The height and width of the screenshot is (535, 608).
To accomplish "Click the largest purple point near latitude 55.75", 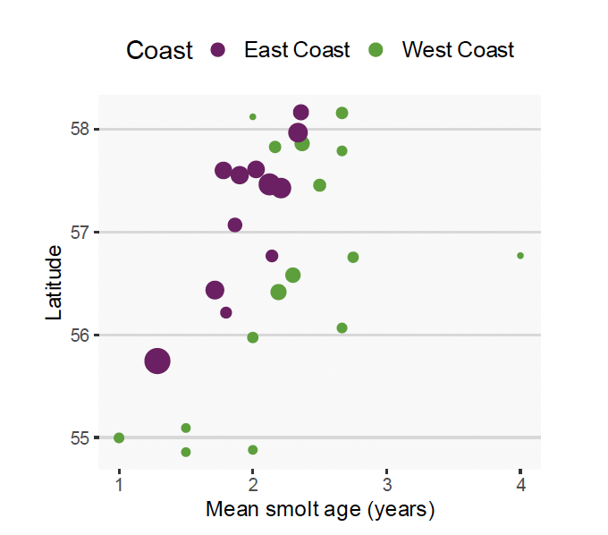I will (157, 361).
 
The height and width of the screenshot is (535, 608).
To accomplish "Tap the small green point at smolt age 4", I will (520, 256).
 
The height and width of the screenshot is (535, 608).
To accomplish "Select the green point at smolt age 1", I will (119, 437).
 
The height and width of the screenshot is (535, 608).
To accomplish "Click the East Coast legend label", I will (297, 50).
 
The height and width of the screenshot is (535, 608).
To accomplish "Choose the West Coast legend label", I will (458, 50).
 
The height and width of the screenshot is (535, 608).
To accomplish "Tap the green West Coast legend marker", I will (376, 50).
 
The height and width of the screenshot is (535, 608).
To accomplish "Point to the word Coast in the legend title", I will (159, 50).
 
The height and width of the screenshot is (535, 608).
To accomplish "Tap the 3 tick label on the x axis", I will (386, 484).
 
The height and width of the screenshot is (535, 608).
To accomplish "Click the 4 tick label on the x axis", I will (520, 484).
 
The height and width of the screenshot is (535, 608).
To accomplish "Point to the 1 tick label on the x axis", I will (119, 484).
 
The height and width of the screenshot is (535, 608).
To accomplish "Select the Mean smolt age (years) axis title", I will (320, 510).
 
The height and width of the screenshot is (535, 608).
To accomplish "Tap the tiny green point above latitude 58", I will (253, 116).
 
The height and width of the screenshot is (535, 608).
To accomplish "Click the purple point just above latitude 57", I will (235, 225).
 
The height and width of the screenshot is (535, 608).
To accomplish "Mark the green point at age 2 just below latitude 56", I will (253, 337).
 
